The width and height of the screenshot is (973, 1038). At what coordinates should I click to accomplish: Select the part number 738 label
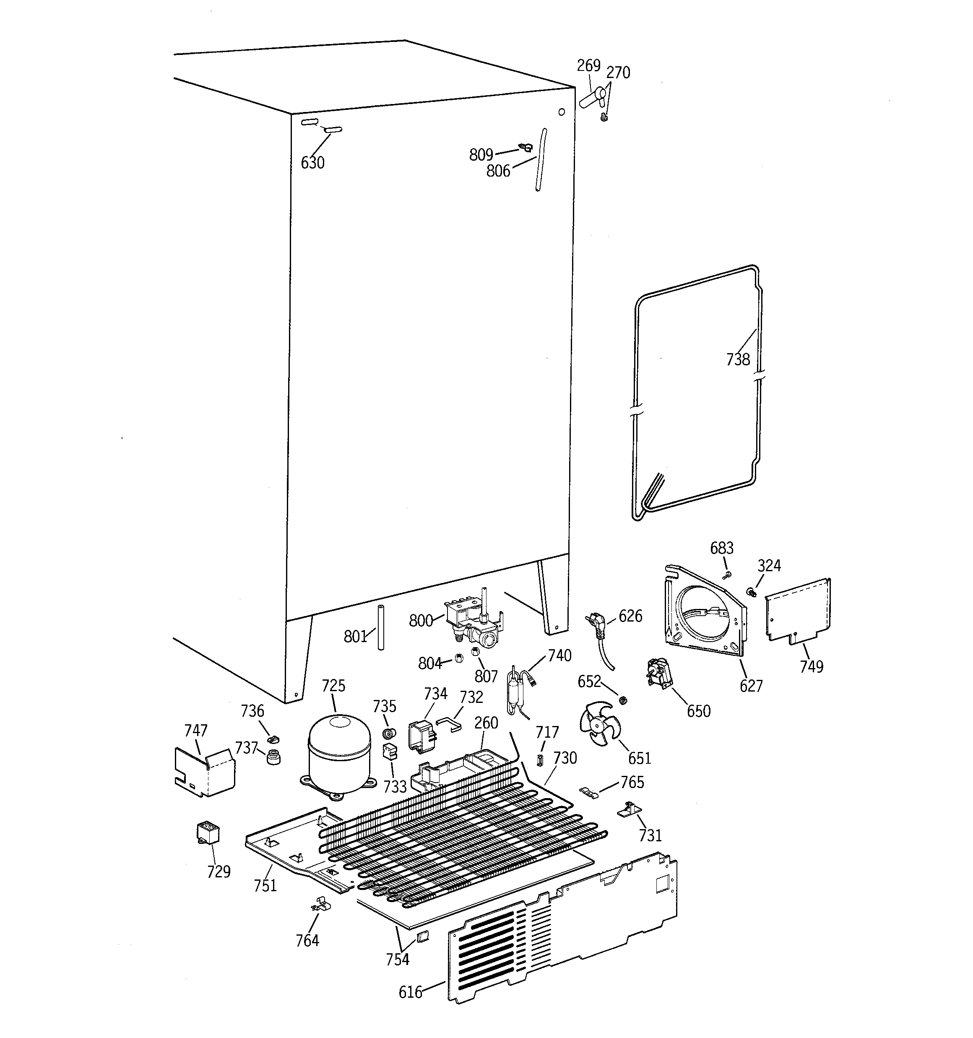click(x=737, y=359)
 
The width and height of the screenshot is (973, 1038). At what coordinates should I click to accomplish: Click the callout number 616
click(x=410, y=992)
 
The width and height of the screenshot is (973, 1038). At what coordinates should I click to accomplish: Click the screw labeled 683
click(x=726, y=575)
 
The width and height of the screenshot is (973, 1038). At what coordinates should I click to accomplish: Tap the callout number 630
click(x=312, y=163)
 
